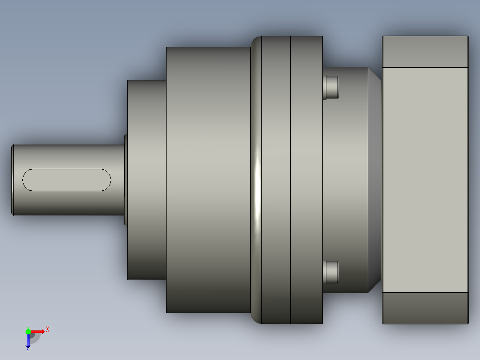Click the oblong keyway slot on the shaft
click(x=67, y=180)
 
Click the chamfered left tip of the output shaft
click(x=12, y=180)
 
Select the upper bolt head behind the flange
click(x=331, y=87)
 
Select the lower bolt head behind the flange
click(x=331, y=272)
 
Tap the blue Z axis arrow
click(x=28, y=341)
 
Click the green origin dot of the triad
click(x=28, y=331)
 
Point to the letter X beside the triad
click(x=48, y=330)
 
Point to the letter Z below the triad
click(x=28, y=349)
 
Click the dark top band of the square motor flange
click(x=425, y=52)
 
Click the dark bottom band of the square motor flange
click(x=425, y=308)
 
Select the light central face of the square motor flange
click(x=425, y=180)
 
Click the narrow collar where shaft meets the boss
click(x=126, y=180)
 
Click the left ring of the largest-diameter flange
click(x=276, y=180)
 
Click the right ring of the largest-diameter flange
click(x=306, y=180)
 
